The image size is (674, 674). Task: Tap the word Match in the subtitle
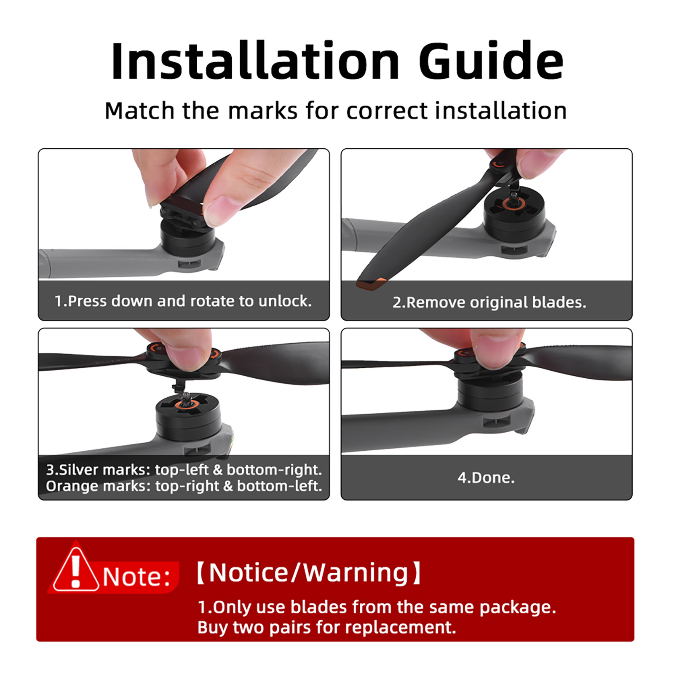139,111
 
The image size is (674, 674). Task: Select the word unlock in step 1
285,301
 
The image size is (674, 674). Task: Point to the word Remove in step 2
436,302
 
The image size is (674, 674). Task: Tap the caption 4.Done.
486,478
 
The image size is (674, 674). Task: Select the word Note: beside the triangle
136,576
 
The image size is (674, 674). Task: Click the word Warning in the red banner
356,573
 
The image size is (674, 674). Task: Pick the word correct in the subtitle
387,111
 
